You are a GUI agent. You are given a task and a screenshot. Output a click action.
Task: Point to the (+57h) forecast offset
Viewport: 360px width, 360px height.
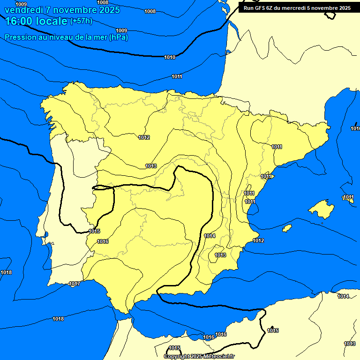click(81, 21)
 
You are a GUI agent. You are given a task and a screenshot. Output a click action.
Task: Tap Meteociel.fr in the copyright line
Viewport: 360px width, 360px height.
click(219, 356)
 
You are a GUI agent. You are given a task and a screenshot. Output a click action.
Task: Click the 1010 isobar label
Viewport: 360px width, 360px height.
click(170, 57)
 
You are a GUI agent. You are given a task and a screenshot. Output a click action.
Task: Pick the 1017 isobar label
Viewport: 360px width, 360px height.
click(74, 284)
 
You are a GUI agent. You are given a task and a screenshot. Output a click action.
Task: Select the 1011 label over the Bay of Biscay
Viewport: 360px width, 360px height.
click(177, 76)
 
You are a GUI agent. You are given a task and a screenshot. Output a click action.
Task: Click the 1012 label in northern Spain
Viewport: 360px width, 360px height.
click(144, 137)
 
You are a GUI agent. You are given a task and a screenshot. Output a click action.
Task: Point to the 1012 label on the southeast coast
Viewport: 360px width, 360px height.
click(258, 241)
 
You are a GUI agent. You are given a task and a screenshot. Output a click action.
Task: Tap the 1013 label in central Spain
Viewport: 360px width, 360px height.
click(151, 166)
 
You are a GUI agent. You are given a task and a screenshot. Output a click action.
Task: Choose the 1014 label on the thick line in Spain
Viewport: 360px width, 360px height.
click(210, 236)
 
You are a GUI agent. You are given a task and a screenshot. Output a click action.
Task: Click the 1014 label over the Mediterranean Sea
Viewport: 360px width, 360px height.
click(343, 296)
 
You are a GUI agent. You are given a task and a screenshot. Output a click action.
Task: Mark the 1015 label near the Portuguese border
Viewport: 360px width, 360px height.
click(94, 231)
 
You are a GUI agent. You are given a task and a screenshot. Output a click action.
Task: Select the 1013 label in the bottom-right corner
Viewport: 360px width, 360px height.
click(349, 344)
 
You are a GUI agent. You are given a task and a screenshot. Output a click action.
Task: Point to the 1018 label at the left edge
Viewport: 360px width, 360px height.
click(6, 272)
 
